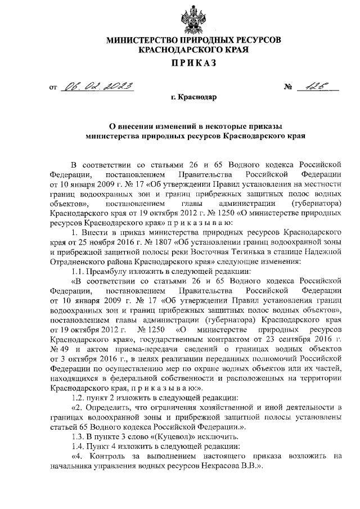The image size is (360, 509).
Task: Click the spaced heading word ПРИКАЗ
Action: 191,62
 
